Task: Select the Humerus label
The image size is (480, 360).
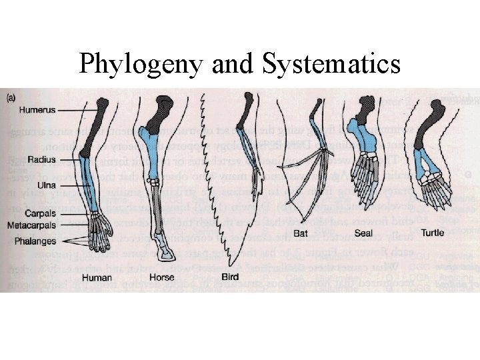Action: pyautogui.click(x=37, y=109)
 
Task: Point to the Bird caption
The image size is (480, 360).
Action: pyautogui.click(x=231, y=277)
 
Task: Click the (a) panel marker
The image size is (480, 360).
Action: pyautogui.click(x=12, y=97)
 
